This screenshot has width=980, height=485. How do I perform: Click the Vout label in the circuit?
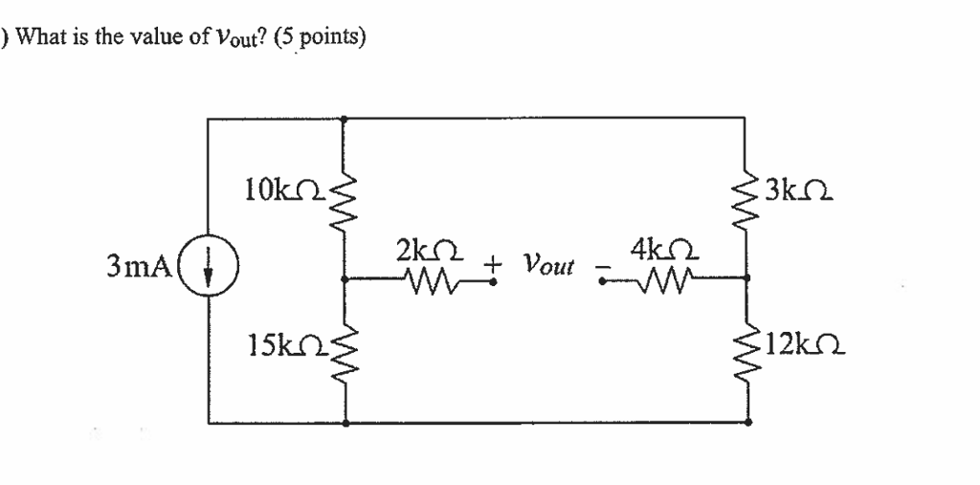pos(548,264)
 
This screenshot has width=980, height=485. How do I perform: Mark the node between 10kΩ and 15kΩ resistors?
pos(345,280)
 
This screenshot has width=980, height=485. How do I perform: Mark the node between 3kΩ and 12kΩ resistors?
pos(747,279)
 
